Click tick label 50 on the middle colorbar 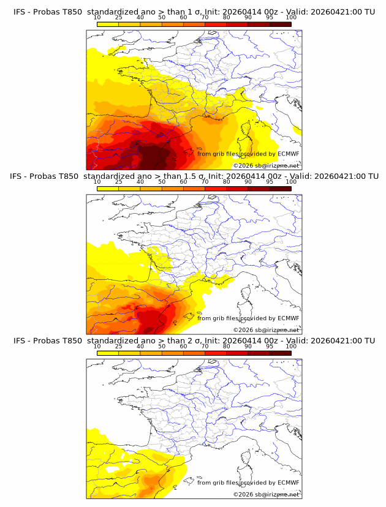[x=161, y=182]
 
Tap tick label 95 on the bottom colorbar [x=269, y=346]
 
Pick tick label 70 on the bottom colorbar [x=205, y=346]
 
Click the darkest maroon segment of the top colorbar [x=280, y=24]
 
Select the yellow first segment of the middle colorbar [x=107, y=189]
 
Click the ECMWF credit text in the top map [x=248, y=154]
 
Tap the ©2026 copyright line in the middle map [x=266, y=330]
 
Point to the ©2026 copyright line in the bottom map [x=266, y=494]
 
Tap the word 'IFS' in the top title [x=20, y=12]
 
